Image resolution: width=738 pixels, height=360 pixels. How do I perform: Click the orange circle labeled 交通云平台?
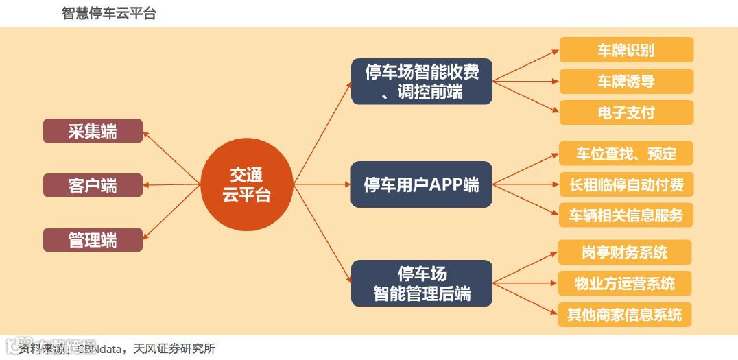coord(246,185)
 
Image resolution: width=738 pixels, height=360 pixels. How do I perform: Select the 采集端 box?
coord(93,131)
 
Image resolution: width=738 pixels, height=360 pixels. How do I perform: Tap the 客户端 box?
coord(93,185)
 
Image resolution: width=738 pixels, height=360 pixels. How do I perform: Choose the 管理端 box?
coord(93,240)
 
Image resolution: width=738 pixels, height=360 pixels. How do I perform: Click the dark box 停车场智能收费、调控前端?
coord(421,81)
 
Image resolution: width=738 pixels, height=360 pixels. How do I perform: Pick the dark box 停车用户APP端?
coord(421,184)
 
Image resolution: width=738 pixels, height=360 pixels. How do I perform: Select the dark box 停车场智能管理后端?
coord(421,283)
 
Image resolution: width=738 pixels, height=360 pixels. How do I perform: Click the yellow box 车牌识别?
coord(626,50)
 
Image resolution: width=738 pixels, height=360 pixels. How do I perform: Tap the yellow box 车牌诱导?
coord(626,82)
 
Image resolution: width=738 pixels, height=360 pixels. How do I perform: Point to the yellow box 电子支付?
coord(626,112)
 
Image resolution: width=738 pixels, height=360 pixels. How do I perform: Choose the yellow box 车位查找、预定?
coord(626,154)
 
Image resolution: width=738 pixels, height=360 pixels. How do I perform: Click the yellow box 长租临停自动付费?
coord(626,184)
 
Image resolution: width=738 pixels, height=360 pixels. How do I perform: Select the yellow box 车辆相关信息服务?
coord(626,215)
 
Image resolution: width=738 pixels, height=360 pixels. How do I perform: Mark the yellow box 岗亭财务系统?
coord(624,252)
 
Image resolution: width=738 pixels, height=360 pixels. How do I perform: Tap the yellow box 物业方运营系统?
coord(624,283)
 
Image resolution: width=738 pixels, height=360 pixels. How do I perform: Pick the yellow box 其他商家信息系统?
coord(624,315)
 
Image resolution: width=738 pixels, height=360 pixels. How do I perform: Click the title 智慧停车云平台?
coord(109,13)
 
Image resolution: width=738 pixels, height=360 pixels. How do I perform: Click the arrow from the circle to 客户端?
coord(171,185)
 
